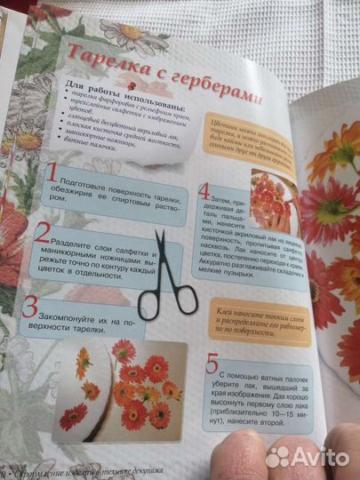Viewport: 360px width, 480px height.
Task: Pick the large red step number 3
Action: pos(31,307)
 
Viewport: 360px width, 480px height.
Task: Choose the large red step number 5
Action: pos(211,364)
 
